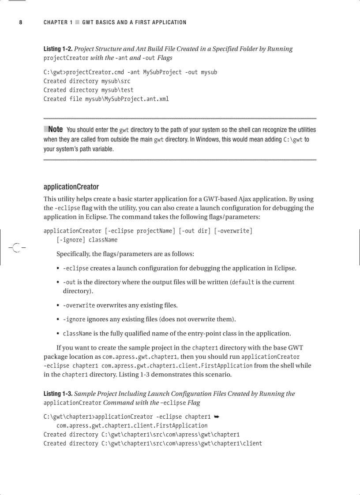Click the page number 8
20,22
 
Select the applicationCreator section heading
71,187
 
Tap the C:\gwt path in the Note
293,139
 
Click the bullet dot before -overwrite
58,305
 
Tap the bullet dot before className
58,334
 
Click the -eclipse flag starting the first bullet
75,268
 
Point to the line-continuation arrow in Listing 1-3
217,416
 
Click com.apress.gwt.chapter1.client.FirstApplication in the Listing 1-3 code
131,425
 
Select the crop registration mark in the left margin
16,248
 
